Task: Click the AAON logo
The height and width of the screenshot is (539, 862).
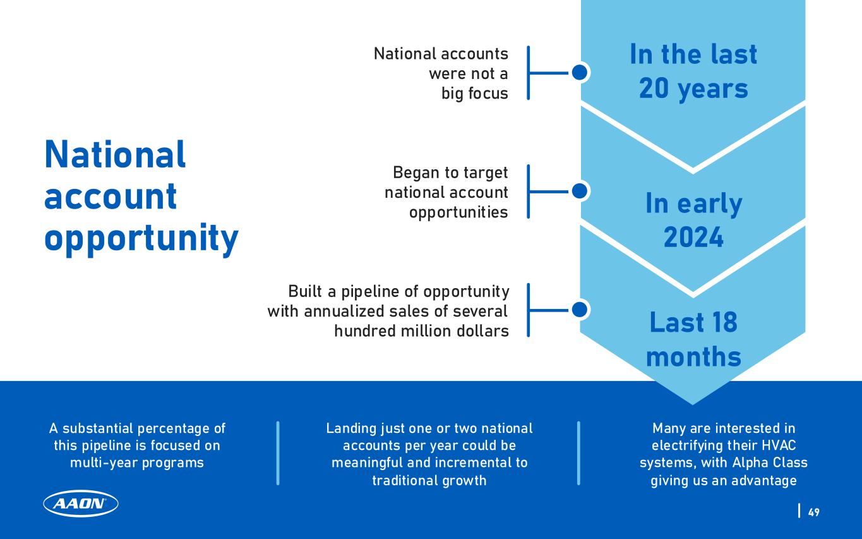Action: (x=81, y=504)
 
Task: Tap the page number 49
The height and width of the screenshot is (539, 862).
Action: (x=813, y=512)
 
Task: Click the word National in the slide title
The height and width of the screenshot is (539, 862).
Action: (x=115, y=154)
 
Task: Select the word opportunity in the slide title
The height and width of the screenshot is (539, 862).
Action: (x=141, y=239)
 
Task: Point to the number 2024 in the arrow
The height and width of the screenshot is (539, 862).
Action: (x=693, y=237)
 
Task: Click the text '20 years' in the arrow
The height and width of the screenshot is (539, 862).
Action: (x=693, y=89)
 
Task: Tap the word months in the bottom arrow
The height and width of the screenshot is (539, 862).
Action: (x=693, y=356)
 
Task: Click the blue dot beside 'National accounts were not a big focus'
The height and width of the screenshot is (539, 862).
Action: (x=580, y=73)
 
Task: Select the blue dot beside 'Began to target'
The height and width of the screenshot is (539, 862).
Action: (x=580, y=191)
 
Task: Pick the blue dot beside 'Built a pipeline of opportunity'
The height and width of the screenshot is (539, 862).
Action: (x=580, y=310)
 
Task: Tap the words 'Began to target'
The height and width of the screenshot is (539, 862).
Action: (x=450, y=173)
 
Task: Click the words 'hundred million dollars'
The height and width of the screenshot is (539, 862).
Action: (x=421, y=330)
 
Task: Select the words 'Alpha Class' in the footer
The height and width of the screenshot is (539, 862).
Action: (x=770, y=463)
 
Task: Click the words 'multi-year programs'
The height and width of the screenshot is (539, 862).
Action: (x=137, y=463)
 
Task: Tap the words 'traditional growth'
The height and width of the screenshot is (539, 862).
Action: (x=429, y=480)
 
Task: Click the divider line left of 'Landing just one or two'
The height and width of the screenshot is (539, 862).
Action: (x=278, y=453)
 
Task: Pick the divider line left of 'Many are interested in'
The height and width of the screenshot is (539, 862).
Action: (x=578, y=453)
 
